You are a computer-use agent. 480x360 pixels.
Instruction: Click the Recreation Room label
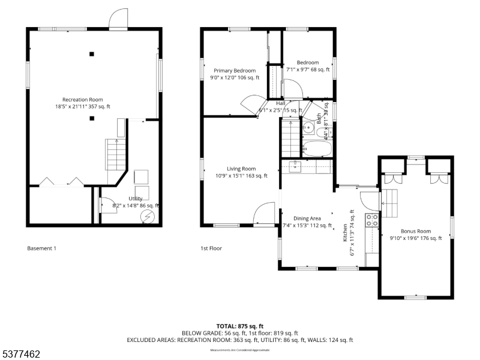coord(83,103)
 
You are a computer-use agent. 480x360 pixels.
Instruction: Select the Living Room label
coord(241,172)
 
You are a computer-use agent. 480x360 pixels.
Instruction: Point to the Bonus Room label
coord(416,234)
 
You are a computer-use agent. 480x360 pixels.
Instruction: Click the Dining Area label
coord(307,222)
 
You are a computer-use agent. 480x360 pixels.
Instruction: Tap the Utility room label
coord(136,202)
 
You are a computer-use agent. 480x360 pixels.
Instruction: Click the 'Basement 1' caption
coord(42,248)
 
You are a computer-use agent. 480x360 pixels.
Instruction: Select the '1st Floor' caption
coord(211,248)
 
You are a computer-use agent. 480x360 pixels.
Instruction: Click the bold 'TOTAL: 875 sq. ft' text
coord(240,326)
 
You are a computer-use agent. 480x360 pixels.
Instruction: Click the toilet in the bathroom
coord(307,127)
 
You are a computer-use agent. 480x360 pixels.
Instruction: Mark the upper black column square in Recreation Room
coord(91,54)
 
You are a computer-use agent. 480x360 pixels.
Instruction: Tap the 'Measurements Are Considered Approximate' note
coord(240,350)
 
